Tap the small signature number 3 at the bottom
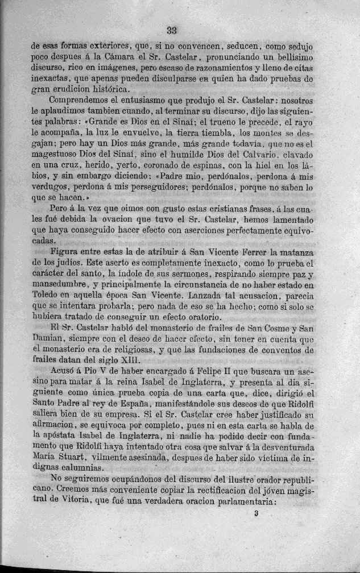[x=258, y=513]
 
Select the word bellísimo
[x=292, y=58]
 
